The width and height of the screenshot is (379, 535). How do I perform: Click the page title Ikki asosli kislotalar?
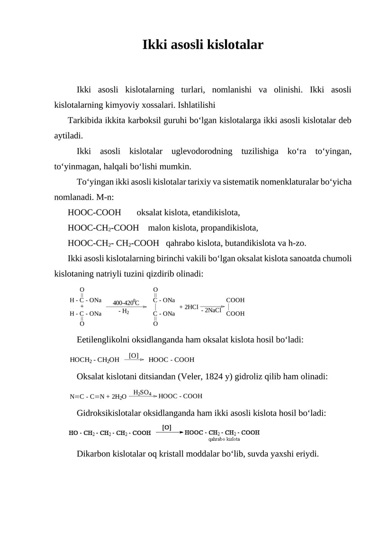point(203,45)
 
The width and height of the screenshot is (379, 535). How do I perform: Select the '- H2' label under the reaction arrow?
point(124,311)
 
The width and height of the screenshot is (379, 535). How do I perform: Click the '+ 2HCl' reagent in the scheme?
point(189,307)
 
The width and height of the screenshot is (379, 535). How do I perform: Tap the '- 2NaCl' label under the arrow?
point(211,311)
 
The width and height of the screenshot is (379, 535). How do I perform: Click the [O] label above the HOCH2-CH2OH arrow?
point(134,355)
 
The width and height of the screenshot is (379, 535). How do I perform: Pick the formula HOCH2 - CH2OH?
point(94,360)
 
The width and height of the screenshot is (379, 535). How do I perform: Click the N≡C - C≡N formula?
point(88,396)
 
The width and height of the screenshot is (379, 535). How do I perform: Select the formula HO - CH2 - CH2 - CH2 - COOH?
point(110,432)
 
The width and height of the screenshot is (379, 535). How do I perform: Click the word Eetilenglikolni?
point(103,340)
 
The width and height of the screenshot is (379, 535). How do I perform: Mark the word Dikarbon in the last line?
point(92,454)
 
